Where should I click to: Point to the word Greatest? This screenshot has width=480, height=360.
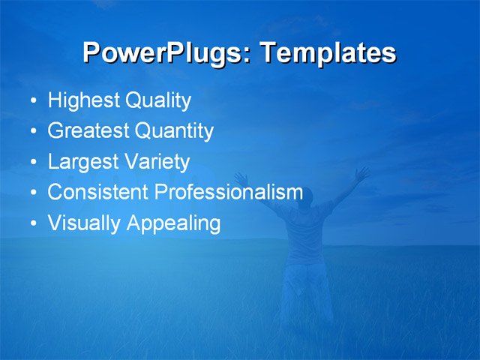88,131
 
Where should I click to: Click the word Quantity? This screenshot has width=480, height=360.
174,131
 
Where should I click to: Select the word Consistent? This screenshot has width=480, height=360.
97,192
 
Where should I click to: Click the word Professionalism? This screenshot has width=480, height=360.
228,192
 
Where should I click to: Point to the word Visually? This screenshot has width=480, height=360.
84,223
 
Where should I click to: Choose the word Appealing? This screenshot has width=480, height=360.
173,223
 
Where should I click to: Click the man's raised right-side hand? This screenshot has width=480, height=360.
363,173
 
